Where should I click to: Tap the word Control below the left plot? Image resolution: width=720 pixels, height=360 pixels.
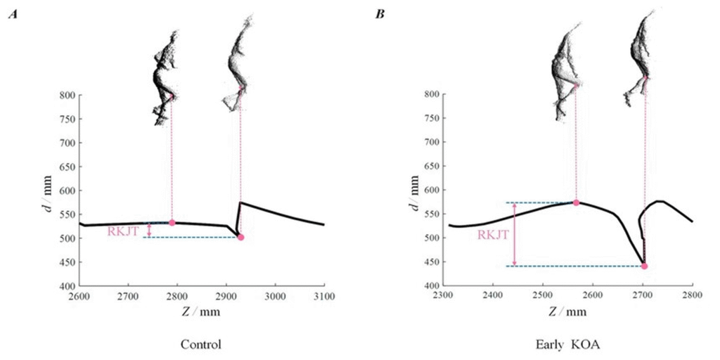pyautogui.click(x=201, y=345)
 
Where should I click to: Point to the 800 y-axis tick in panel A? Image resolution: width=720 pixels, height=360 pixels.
pyautogui.click(x=67, y=95)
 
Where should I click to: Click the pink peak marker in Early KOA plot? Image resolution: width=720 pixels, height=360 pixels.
pyautogui.click(x=576, y=202)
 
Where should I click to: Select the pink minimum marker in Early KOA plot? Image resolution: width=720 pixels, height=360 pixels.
pyautogui.click(x=644, y=266)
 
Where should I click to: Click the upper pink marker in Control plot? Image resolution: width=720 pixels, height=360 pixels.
pyautogui.click(x=172, y=223)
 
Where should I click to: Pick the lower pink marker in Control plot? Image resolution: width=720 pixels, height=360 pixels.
pyautogui.click(x=240, y=238)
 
